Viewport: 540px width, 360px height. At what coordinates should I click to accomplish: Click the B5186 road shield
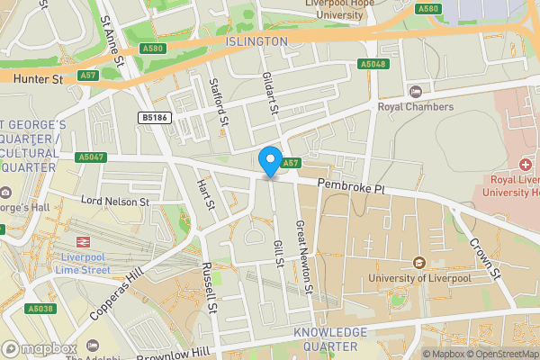[154, 117]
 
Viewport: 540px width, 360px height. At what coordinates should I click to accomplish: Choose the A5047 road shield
[91, 157]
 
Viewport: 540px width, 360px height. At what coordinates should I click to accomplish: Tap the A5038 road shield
[40, 308]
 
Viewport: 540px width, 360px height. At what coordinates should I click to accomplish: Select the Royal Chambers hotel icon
[415, 91]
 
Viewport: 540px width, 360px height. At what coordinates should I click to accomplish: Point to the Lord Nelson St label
[114, 202]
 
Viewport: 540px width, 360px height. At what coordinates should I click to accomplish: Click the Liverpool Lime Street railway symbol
[83, 242]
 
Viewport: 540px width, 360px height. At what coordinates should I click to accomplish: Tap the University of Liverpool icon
[418, 263]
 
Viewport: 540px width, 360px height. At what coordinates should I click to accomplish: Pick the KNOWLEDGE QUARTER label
[330, 339]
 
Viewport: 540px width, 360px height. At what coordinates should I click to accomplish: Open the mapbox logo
[40, 348]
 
